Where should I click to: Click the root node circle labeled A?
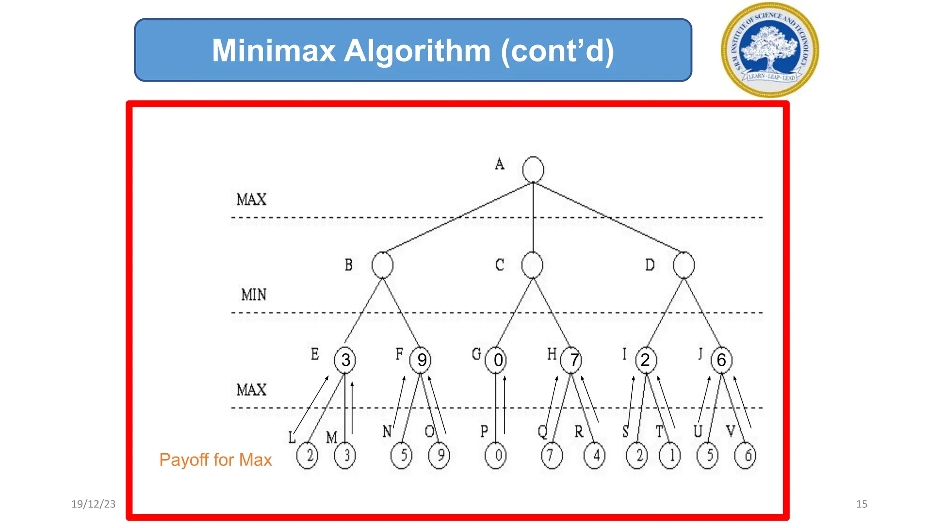[533, 170]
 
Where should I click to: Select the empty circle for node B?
[382, 265]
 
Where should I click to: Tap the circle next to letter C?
[532, 265]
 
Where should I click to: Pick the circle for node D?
[684, 265]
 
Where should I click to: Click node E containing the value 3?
[345, 360]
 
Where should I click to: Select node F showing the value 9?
[421, 360]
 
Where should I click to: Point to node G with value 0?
[497, 360]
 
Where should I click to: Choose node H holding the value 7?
[572, 360]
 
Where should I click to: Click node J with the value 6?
[721, 360]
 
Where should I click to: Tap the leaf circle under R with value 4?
[595, 456]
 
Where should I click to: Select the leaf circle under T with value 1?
[670, 456]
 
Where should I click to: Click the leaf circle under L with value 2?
[307, 456]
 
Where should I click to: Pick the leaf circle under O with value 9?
[439, 456]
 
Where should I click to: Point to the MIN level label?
[254, 294]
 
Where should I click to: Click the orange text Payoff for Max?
[215, 460]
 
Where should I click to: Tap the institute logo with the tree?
[770, 49]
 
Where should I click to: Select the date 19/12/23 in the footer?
[93, 504]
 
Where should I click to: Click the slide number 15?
[862, 504]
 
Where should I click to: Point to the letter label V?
[731, 431]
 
